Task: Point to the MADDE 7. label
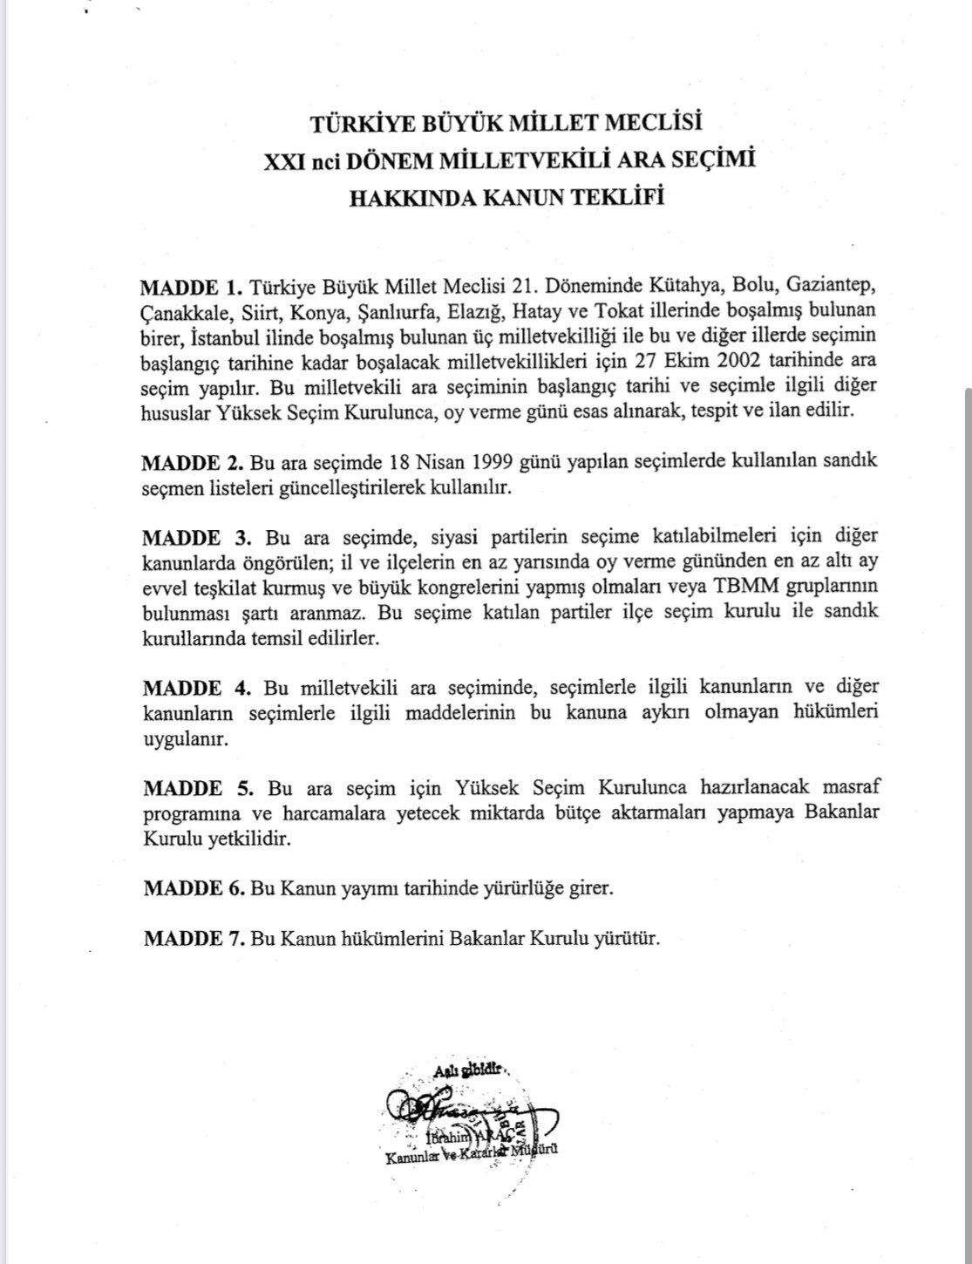(x=194, y=939)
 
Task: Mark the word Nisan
(x=421, y=461)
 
